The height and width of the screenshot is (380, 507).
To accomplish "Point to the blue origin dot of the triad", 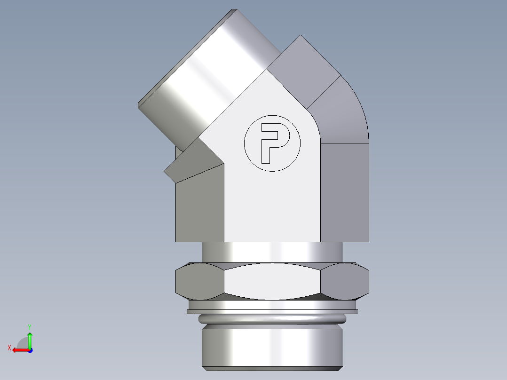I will [30, 350].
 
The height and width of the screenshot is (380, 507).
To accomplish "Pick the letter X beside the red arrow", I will [9, 348].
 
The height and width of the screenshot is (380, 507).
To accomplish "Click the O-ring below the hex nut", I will [272, 319].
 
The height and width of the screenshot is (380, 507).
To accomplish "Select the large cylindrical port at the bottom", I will [272, 346].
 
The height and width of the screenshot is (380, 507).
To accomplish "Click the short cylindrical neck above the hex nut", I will [272, 252].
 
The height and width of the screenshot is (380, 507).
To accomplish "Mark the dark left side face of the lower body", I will [199, 209].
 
